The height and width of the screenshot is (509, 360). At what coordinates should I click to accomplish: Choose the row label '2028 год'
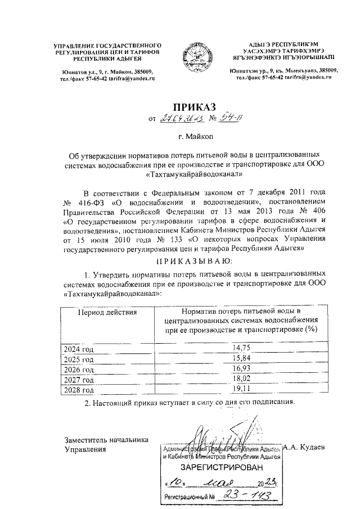click(78, 390)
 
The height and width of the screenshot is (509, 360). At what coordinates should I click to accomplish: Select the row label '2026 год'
click(78, 370)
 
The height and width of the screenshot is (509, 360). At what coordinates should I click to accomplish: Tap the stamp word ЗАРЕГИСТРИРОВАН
click(221, 468)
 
